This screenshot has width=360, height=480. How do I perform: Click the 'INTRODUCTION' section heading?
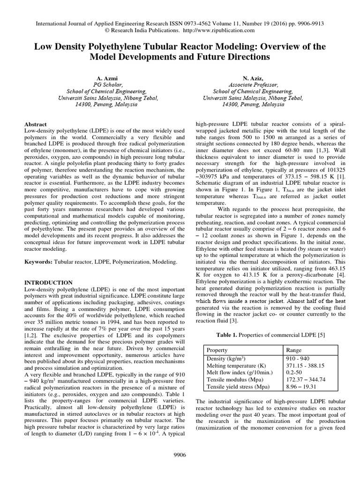[x=48, y=283]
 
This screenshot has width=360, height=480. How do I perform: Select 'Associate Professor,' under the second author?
[x=253, y=84]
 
